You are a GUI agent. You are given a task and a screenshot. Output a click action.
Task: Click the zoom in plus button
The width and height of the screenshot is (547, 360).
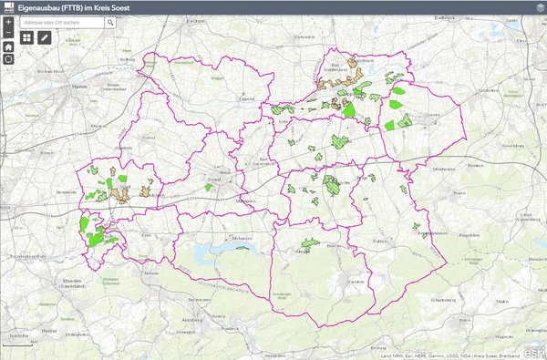pos(8,21)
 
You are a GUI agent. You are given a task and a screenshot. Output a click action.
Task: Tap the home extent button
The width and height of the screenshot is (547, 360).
pos(8,46)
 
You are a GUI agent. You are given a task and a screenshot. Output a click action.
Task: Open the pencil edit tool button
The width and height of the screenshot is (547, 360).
pos(45,37)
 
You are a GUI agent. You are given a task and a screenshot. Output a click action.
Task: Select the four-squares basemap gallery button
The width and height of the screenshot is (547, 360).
pos(26,37)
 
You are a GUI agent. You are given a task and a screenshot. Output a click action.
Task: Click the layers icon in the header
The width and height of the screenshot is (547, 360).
pos(538,6)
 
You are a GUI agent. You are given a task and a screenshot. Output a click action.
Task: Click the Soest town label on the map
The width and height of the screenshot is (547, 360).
pos(217,180)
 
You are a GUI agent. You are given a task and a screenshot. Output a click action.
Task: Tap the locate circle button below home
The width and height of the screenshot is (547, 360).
pos(8,58)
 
